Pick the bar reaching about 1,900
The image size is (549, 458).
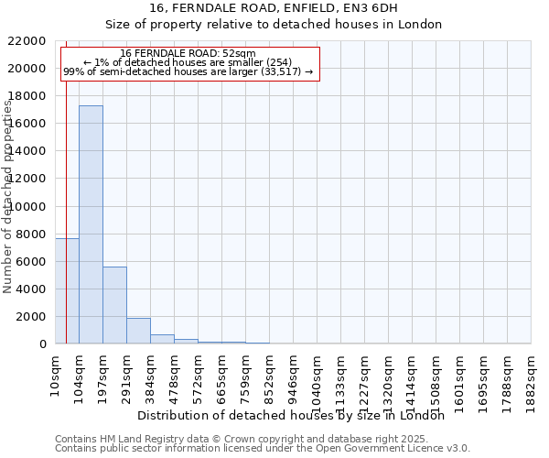coord(138,331)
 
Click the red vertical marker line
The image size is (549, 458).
coord(66,183)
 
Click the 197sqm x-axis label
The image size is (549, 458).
coord(103,374)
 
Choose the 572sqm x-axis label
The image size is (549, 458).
coord(199,374)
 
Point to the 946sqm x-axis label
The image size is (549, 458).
coord(294,374)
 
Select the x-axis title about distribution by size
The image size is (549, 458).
coord(296,416)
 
